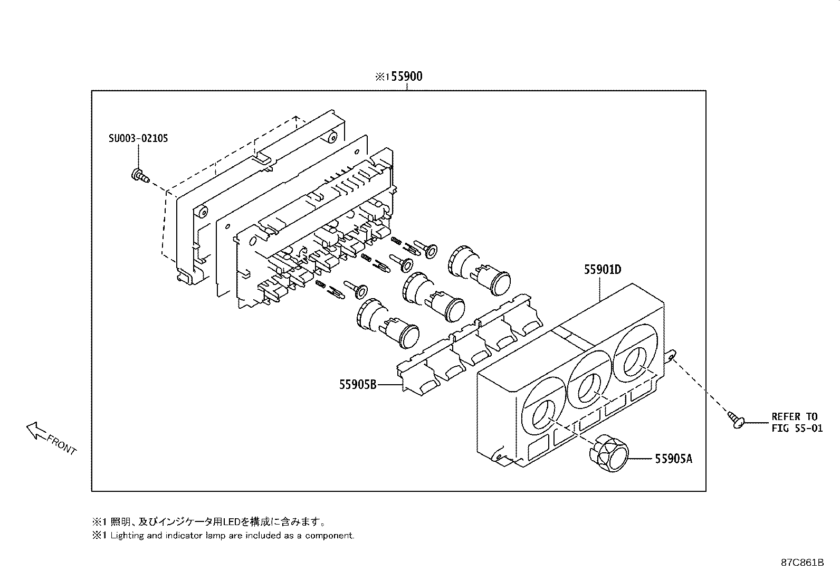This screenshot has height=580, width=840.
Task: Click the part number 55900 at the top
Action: click(x=406, y=77)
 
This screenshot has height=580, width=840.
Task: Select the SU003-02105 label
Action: click(x=138, y=138)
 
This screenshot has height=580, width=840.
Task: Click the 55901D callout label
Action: click(x=602, y=270)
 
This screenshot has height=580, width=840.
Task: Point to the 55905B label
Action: click(x=357, y=385)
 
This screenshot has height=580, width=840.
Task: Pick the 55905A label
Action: click(x=673, y=459)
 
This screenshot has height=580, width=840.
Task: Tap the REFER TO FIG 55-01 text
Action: click(x=797, y=422)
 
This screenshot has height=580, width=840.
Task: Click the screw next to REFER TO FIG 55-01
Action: click(x=737, y=419)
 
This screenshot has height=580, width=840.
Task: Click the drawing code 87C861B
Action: click(x=802, y=563)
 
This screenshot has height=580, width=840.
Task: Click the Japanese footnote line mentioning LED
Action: click(x=209, y=522)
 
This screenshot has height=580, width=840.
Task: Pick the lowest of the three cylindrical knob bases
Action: click(x=388, y=322)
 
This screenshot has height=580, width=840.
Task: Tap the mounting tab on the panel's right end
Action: click(x=671, y=356)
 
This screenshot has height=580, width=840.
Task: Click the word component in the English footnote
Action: click(x=333, y=535)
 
